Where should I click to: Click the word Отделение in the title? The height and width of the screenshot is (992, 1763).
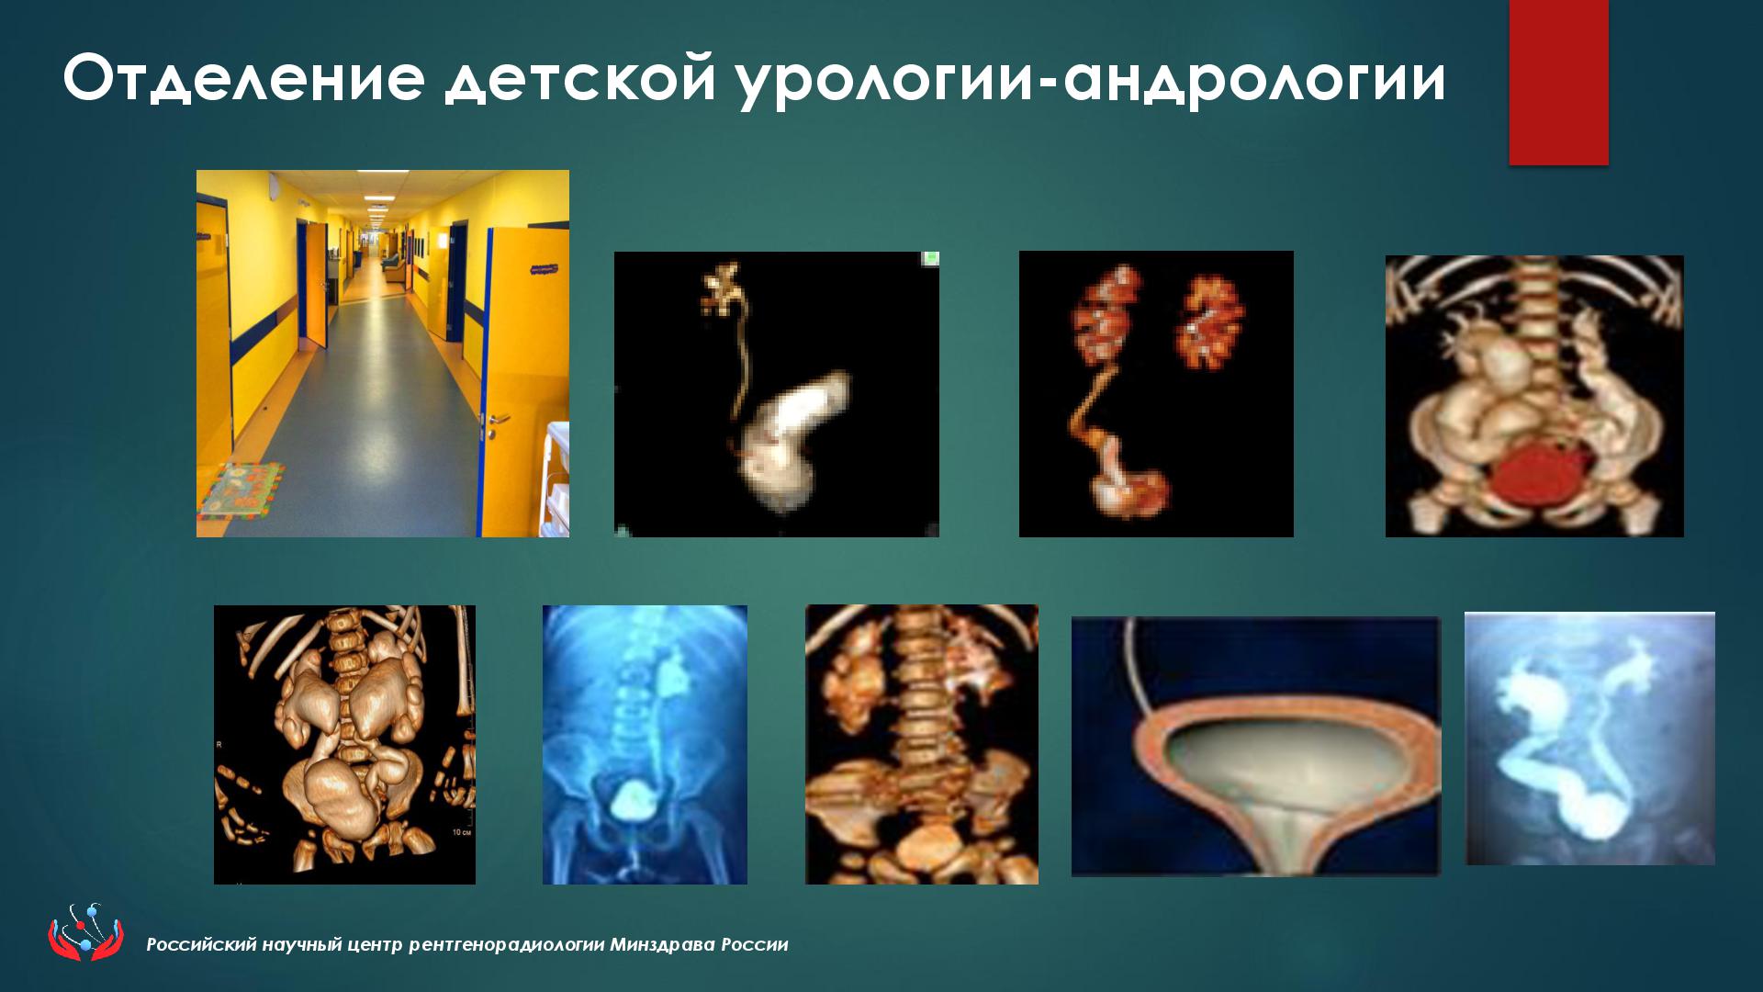pos(244,78)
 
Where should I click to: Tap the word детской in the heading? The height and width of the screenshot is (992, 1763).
pos(579,80)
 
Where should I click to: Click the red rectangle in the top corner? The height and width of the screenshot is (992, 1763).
pos(1558,83)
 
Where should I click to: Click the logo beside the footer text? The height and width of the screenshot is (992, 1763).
pos(85,932)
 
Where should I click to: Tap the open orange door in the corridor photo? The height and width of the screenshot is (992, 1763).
pos(524,377)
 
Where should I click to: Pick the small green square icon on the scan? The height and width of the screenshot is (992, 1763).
pos(930,259)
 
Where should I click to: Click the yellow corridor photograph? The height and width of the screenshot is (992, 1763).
pos(383,354)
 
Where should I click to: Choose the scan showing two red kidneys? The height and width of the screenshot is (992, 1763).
pos(1156,394)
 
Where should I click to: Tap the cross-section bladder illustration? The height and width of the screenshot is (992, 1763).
pos(1256,746)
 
